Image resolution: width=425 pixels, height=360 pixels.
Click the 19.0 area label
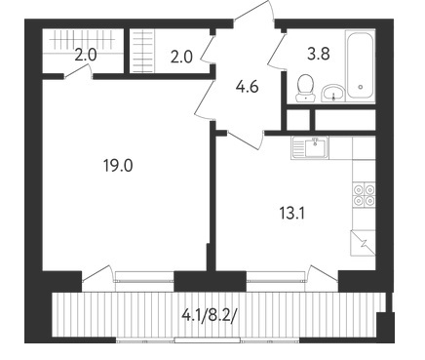(x=118, y=166)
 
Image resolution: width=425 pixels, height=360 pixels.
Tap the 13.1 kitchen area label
(x=291, y=214)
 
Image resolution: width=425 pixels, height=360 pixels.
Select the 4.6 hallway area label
(x=248, y=87)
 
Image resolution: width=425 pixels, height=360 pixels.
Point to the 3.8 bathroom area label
(x=319, y=54)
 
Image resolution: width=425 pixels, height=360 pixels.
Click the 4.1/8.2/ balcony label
(x=209, y=315)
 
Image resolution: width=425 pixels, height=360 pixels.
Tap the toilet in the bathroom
(x=305, y=88)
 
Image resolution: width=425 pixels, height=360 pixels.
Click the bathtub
(x=360, y=64)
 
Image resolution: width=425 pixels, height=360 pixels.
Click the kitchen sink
(x=310, y=147)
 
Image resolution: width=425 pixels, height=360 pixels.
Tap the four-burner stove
(x=364, y=195)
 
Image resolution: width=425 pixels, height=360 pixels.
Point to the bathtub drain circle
(x=360, y=87)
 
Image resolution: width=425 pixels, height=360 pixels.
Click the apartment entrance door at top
(x=253, y=12)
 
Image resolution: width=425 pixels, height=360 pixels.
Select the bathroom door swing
(x=276, y=51)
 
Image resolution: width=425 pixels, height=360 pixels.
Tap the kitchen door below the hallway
(x=246, y=140)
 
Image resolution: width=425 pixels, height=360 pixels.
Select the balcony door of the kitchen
(x=323, y=274)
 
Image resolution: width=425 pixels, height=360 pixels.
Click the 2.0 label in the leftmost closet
(x=86, y=56)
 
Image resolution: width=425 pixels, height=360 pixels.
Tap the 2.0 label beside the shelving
(x=181, y=58)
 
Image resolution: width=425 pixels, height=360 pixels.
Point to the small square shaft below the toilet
(x=298, y=120)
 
